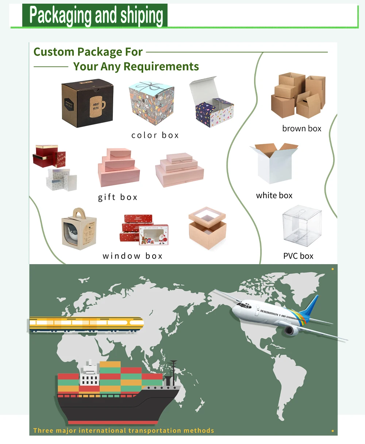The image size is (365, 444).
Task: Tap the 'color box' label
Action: pyautogui.click(x=155, y=135)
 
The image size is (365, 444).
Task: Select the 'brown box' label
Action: pyautogui.click(x=301, y=128)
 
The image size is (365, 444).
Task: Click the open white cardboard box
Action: pyautogui.click(x=274, y=163)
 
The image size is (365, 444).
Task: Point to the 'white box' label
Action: pyautogui.click(x=274, y=196)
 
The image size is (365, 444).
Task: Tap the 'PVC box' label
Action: pyautogui.click(x=298, y=256)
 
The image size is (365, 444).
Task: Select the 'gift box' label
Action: pyautogui.click(x=118, y=197)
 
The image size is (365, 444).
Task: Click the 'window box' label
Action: pyautogui.click(x=132, y=256)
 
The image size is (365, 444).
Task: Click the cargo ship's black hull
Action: pyautogui.click(x=117, y=407)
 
